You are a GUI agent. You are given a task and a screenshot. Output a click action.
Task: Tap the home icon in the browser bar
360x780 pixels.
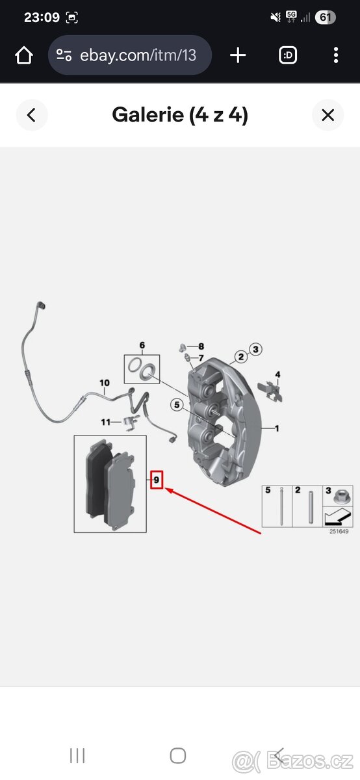(x=24, y=55)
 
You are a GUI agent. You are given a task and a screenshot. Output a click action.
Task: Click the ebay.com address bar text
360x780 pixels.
(x=138, y=55)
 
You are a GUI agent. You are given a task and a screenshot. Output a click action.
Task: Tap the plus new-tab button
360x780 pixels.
(x=238, y=55)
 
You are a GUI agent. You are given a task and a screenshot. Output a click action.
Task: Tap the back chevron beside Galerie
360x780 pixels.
(x=31, y=115)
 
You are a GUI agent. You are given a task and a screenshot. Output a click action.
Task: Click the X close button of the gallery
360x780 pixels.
(x=328, y=115)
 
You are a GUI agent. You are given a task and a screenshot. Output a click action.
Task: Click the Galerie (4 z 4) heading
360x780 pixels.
(x=180, y=115)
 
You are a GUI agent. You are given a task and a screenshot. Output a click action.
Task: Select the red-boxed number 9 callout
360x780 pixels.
(x=157, y=480)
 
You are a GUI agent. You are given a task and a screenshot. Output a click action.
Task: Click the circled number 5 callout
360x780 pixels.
(x=177, y=404)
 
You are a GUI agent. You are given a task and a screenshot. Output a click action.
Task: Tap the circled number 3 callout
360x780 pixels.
(x=255, y=349)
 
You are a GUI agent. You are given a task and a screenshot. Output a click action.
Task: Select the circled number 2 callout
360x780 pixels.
(x=240, y=357)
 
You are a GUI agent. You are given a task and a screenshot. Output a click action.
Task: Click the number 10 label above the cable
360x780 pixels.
(x=105, y=383)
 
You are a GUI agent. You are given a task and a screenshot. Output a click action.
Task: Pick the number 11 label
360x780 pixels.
(x=105, y=422)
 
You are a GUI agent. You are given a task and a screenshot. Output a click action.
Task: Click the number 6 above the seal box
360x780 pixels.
(x=142, y=345)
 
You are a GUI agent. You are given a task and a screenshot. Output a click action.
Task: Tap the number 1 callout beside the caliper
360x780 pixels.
(x=277, y=428)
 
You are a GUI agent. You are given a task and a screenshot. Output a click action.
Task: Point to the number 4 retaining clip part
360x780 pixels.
(x=270, y=391)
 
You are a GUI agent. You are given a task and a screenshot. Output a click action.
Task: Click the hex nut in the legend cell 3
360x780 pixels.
(x=342, y=496)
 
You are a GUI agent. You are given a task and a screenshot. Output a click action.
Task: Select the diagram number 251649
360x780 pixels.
(x=339, y=532)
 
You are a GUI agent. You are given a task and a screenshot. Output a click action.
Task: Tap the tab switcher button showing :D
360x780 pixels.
(x=288, y=55)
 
